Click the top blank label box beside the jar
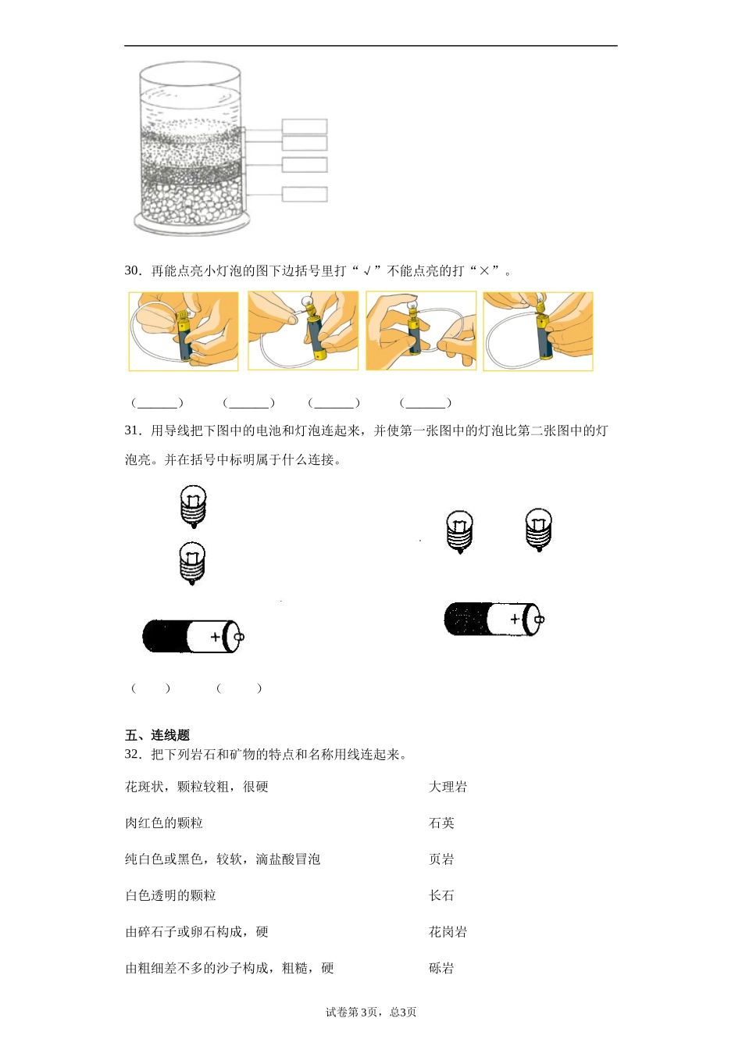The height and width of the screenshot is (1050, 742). coord(304,127)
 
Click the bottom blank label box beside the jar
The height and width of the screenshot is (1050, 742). coord(304,195)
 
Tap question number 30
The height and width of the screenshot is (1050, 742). coord(132,271)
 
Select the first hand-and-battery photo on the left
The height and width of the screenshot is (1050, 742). coord(184,331)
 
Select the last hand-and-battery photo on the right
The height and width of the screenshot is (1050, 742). coord(538,331)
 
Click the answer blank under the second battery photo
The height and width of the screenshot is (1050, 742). coord(249,403)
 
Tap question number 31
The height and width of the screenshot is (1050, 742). coord(132,430)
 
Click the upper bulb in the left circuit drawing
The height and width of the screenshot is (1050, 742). coord(193,505)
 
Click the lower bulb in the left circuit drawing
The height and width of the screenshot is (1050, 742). coord(192,563)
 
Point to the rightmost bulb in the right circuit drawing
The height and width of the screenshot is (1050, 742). coord(538,529)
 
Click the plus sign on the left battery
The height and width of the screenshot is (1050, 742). coord(215,637)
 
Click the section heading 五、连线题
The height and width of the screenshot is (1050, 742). coord(157,735)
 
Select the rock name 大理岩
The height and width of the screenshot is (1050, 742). coord(448,787)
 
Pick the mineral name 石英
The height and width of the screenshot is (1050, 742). coord(441,823)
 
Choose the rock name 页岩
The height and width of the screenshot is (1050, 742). coord(441,859)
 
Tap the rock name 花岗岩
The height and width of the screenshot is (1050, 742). coord(448,931)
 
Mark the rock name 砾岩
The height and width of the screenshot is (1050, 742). coord(441,968)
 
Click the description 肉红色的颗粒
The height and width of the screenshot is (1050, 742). coord(164,823)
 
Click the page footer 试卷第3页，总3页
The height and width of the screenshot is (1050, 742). coord(371,1012)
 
